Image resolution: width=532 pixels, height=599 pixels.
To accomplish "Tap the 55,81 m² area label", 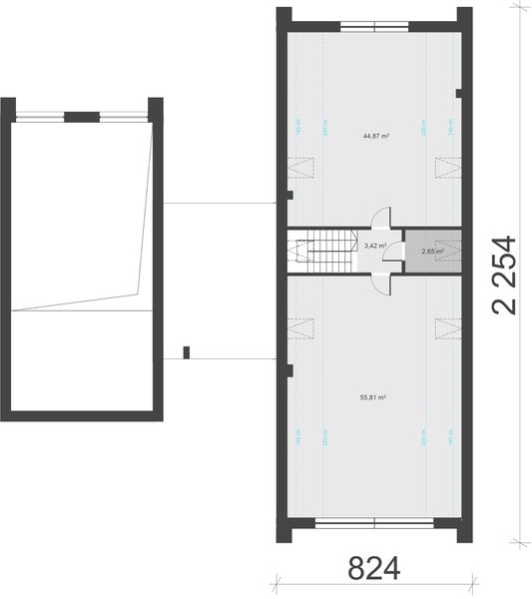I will coord(372,396).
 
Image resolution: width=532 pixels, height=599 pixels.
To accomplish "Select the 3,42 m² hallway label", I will coord(375,245).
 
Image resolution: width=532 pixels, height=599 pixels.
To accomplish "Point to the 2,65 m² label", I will coord(432,252).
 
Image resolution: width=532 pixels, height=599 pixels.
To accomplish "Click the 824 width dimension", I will coord(373,570).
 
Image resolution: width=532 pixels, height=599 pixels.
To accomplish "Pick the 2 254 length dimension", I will coord(505,275).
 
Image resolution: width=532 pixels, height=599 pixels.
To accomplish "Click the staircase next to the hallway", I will coord(323,251).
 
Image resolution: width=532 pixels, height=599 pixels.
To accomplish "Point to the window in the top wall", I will coord(373,24).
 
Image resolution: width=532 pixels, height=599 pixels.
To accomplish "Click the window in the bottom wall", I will coord(373,520).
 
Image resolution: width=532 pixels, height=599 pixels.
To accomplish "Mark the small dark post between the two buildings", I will coord(186,350).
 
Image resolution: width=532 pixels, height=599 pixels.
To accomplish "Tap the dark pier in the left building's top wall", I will coord(75,117).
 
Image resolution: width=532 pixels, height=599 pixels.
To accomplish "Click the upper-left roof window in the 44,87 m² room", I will coord(300,168).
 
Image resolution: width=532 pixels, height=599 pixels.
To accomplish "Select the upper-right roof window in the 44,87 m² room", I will coord(448,168).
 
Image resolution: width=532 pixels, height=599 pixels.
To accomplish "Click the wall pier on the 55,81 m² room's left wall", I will coord(289,370).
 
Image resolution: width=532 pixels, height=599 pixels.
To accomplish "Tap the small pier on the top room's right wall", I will coord(458,95).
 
